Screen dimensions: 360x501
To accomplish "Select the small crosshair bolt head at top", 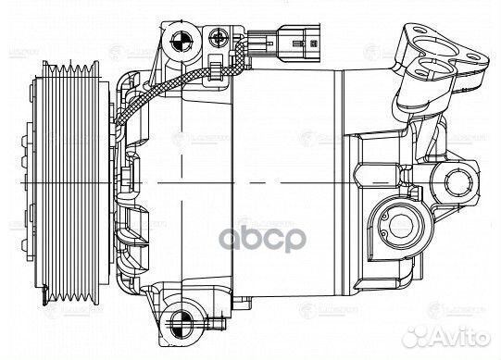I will (x=219, y=37).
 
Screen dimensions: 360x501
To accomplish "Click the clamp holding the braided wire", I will (x=215, y=68).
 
